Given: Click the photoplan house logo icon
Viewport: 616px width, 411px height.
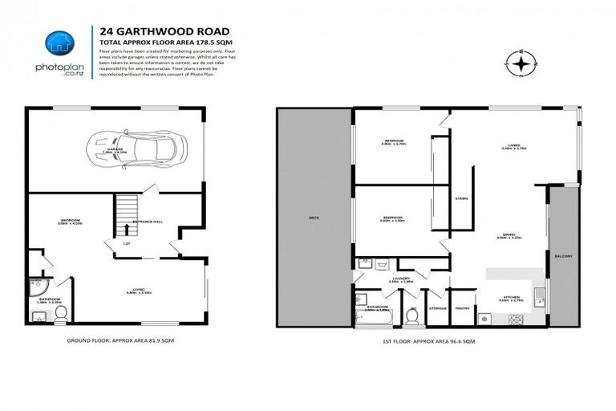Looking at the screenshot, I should click(x=59, y=43).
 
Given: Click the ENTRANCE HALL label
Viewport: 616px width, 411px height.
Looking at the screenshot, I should click(x=158, y=221).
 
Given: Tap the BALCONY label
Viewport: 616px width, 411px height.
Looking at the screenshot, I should click(x=564, y=257).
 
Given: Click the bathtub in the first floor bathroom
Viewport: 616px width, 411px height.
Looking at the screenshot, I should click(x=372, y=319).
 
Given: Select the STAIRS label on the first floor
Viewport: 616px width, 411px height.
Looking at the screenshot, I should click(x=461, y=198).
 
